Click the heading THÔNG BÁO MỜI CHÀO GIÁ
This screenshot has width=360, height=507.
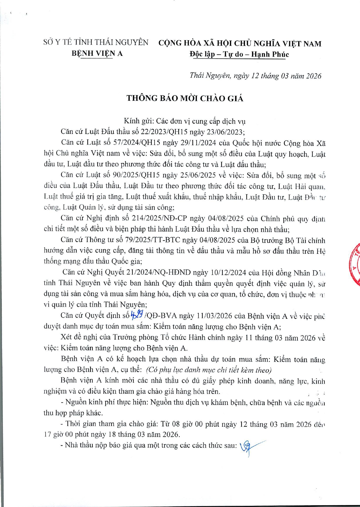point(185,98)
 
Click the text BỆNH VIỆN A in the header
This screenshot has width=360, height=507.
point(97,53)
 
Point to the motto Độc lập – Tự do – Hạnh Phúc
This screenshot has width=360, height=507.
point(239,54)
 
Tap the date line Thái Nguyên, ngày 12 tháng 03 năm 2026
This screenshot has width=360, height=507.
point(255,76)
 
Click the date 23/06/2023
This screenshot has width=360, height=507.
point(225,132)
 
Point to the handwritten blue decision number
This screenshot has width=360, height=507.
point(137,314)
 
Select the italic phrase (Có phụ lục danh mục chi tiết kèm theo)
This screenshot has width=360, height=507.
point(208,370)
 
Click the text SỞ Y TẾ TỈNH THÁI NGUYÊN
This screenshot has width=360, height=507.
point(96,42)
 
